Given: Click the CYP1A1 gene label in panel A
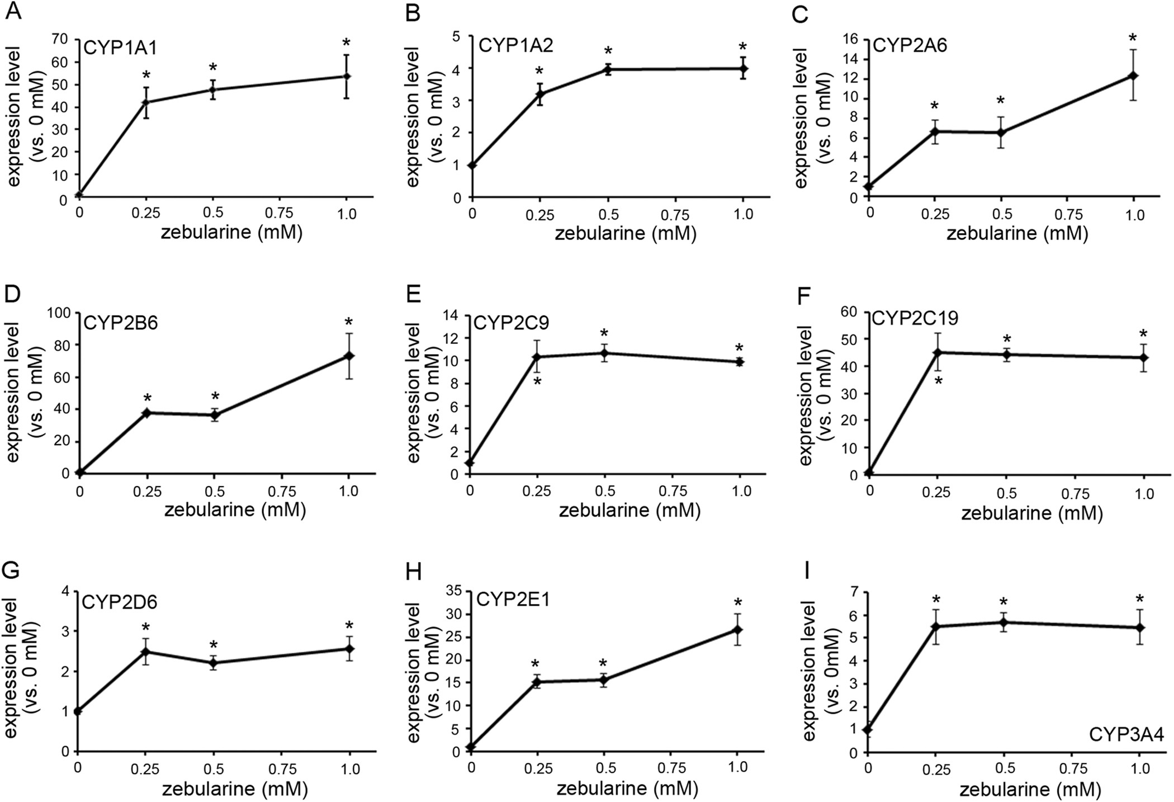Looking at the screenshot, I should (x=120, y=47).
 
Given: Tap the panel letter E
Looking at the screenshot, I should (x=413, y=292).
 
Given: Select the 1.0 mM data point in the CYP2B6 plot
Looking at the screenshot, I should (x=348, y=356).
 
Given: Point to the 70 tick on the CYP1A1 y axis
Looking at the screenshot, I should (x=60, y=39).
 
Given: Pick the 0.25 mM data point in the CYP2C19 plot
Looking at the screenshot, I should (x=938, y=352).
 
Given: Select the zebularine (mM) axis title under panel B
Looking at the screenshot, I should (x=626, y=233).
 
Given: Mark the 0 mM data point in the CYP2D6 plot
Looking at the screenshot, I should (x=78, y=711).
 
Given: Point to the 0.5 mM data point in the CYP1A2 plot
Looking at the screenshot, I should (x=608, y=69).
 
